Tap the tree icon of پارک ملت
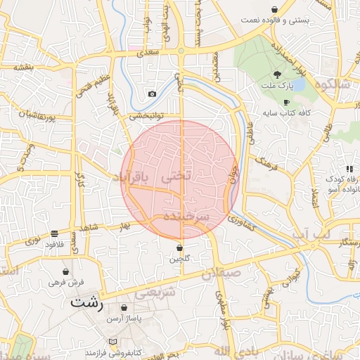(x=278, y=74)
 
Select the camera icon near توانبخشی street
(x=152, y=94)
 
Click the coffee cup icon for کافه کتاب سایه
(x=286, y=102)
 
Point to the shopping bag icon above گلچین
(x=181, y=248)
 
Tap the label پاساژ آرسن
(x=124, y=319)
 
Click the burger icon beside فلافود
(x=55, y=233)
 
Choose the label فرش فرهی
(x=66, y=282)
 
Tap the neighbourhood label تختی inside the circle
(x=176, y=178)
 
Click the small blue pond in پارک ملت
(x=297, y=85)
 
